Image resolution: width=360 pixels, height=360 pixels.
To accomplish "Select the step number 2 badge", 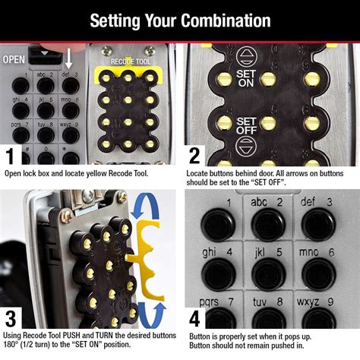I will pyautogui.click(x=194, y=156).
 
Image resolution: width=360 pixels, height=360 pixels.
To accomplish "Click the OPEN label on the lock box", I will pyautogui.click(x=14, y=58).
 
